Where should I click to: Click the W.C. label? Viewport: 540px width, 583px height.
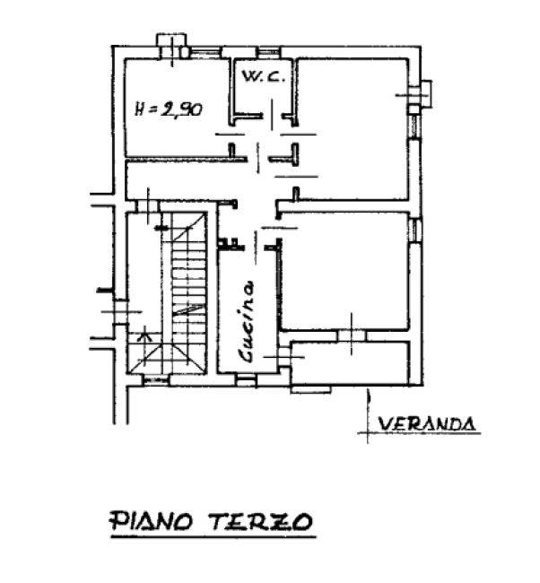[x=264, y=76]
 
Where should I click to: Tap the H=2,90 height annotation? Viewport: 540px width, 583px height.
[x=169, y=109]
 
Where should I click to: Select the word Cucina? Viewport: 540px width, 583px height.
[x=247, y=322]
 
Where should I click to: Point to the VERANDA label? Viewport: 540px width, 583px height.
[x=427, y=424]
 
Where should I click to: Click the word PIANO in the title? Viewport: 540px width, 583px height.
[x=151, y=520]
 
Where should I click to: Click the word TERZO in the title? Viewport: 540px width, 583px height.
[x=261, y=521]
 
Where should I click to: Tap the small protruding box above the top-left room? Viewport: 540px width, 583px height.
[x=171, y=46]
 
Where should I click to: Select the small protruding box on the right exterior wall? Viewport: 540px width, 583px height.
[x=421, y=95]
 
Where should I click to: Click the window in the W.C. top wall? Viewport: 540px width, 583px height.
[x=268, y=52]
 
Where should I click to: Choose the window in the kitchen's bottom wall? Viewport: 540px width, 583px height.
[x=247, y=380]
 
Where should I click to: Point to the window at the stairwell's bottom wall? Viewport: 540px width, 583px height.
[x=156, y=380]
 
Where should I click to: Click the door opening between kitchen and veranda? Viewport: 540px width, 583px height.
[x=284, y=357]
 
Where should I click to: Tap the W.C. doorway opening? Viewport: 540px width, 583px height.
[x=273, y=116]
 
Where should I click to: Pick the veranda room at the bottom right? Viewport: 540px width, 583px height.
[x=351, y=363]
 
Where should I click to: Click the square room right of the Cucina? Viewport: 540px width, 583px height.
[x=344, y=271]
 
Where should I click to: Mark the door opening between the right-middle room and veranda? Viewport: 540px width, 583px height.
[x=352, y=335]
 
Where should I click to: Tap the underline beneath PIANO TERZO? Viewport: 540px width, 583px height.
[x=213, y=536]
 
